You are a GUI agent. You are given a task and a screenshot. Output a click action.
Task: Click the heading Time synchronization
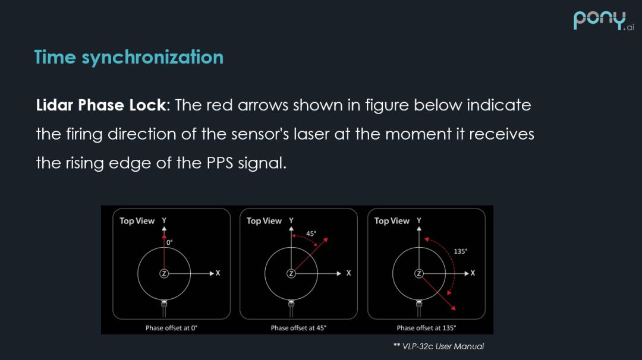coord(129,57)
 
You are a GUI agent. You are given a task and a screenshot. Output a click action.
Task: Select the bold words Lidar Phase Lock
coord(100,105)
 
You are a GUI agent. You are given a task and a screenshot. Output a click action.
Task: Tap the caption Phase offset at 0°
coord(171,328)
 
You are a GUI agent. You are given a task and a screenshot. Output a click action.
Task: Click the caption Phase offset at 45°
coord(298,328)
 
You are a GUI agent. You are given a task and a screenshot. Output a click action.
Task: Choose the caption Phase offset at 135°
coord(426,328)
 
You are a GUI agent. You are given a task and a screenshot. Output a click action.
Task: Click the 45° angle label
coord(311,233)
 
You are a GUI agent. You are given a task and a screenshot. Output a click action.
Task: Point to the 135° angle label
coord(460,251)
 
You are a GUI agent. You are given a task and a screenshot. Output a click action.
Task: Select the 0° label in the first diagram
coord(169,243)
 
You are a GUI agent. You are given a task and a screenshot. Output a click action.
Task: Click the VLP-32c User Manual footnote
coord(439,346)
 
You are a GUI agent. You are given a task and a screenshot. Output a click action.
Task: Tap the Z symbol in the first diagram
coord(164,273)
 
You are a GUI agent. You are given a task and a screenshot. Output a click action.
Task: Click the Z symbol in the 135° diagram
coord(419,273)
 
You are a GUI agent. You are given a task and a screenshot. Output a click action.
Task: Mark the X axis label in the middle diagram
coord(348,273)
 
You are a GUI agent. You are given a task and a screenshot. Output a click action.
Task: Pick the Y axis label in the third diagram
coord(419,220)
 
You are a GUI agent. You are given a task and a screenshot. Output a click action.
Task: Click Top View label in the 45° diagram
coord(264,221)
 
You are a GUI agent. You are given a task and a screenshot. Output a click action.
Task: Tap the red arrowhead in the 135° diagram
coord(453,308)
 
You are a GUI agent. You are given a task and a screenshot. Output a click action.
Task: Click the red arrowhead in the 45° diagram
coord(325,240)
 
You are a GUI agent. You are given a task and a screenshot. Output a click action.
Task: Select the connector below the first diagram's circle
coord(164,305)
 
